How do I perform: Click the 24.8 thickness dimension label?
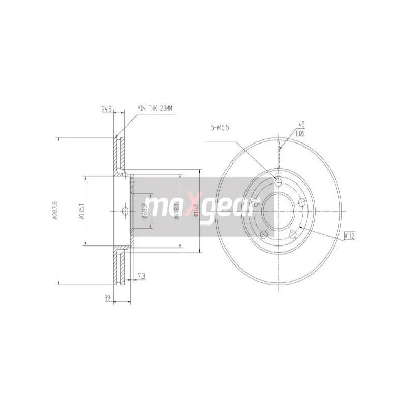(107, 109)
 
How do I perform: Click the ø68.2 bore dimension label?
(145, 211)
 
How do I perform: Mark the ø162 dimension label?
(196, 211)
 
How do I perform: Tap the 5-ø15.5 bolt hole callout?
(222, 128)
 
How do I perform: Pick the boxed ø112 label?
(350, 236)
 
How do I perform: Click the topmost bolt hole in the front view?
(278, 181)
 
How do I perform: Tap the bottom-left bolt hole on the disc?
(264, 235)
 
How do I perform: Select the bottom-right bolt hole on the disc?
(293, 234)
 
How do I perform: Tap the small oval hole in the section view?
(125, 211)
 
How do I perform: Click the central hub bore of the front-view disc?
(278, 211)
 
